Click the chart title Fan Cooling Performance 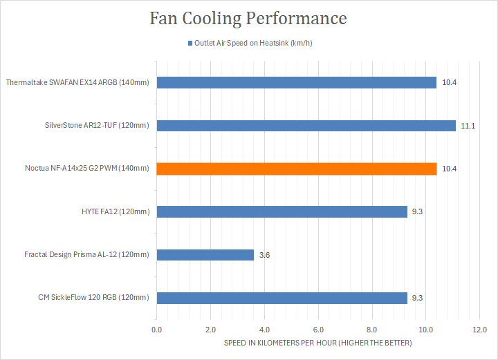pyautogui.click(x=248, y=19)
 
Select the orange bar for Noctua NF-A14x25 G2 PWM pyautogui.click(x=296, y=169)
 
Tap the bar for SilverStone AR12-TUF pyautogui.click(x=306, y=126)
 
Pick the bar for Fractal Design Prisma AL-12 pyautogui.click(x=205, y=255)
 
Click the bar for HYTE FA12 pyautogui.click(x=282, y=212)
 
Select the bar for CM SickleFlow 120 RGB pyautogui.click(x=282, y=298)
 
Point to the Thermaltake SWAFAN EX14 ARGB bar pyautogui.click(x=296, y=83)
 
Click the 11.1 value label pyautogui.click(x=468, y=126)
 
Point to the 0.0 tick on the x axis pyautogui.click(x=157, y=330)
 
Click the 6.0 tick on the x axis pyautogui.click(x=318, y=330)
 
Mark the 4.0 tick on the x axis pyautogui.click(x=264, y=330)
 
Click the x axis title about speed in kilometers pyautogui.click(x=317, y=343)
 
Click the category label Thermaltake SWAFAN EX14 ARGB pyautogui.click(x=77, y=83)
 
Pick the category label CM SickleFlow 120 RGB pyautogui.click(x=93, y=298)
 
